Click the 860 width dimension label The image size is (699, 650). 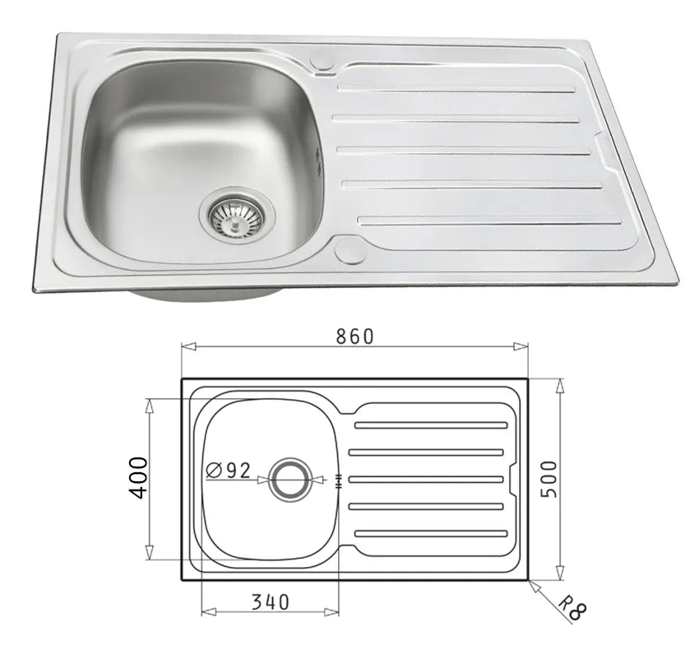(354, 337)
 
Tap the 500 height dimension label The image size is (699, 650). (549, 478)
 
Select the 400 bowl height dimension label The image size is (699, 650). (137, 477)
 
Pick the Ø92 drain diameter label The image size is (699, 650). (229, 470)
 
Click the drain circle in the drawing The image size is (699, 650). (291, 478)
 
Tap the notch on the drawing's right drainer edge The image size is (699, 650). (512, 478)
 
